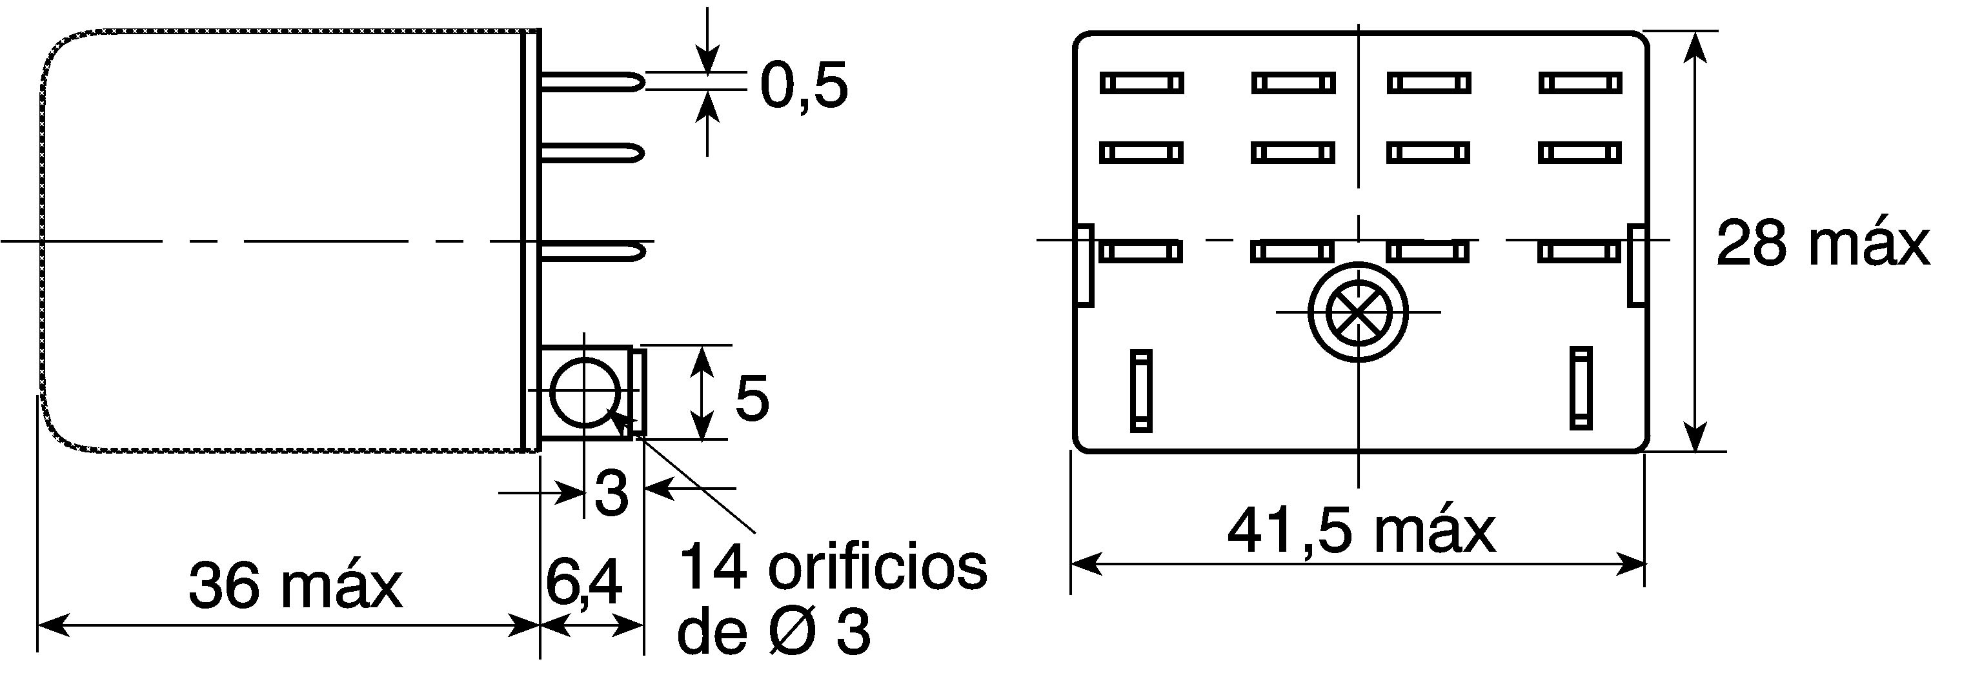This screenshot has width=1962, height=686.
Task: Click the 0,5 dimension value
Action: (x=804, y=85)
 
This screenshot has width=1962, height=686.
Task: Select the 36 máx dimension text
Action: (x=296, y=586)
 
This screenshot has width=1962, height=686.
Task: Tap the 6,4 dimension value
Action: (x=583, y=584)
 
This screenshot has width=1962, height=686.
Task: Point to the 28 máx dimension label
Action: (x=1823, y=244)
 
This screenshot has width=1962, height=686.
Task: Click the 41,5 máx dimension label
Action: (x=1361, y=532)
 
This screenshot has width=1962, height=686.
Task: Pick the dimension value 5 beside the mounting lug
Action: (x=752, y=398)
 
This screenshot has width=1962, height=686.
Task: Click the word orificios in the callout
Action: (x=878, y=568)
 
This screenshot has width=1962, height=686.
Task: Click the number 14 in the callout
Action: (x=712, y=568)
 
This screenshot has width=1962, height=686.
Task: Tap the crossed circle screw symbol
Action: (x=1358, y=312)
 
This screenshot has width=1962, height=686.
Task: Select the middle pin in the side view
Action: (x=593, y=153)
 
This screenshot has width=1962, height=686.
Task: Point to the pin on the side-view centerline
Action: (x=593, y=250)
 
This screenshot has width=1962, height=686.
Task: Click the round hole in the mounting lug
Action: (x=584, y=391)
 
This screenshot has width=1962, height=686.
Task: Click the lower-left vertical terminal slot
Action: (x=1140, y=390)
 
